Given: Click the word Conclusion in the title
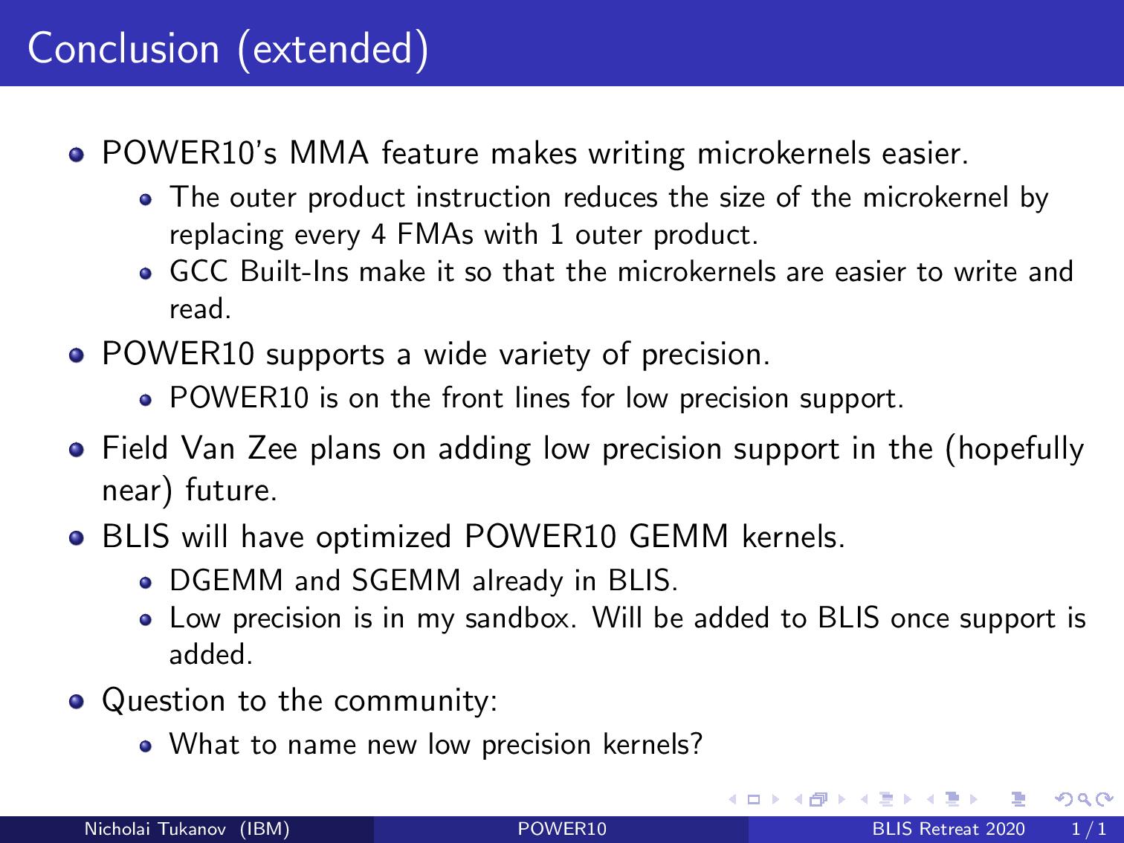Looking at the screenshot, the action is click(123, 48).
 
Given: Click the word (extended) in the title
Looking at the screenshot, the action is click(333, 50).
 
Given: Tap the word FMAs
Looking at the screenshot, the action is click(435, 235).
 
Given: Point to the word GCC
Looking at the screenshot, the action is click(198, 271).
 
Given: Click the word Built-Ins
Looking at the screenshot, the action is click(294, 271).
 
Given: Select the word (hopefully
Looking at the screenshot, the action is click(1015, 450).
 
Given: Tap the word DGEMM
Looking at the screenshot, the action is click(226, 581).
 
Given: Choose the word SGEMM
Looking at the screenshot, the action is click(406, 581).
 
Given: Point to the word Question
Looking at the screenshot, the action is click(164, 701).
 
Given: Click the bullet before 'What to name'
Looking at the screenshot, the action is click(146, 746).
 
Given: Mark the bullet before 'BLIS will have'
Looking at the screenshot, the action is click(77, 538).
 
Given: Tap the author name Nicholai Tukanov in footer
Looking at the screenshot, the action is click(155, 829).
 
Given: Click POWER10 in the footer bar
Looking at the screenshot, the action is click(562, 829).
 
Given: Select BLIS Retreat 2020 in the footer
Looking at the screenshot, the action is click(949, 829).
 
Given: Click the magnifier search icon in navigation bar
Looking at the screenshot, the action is click(1084, 799).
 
